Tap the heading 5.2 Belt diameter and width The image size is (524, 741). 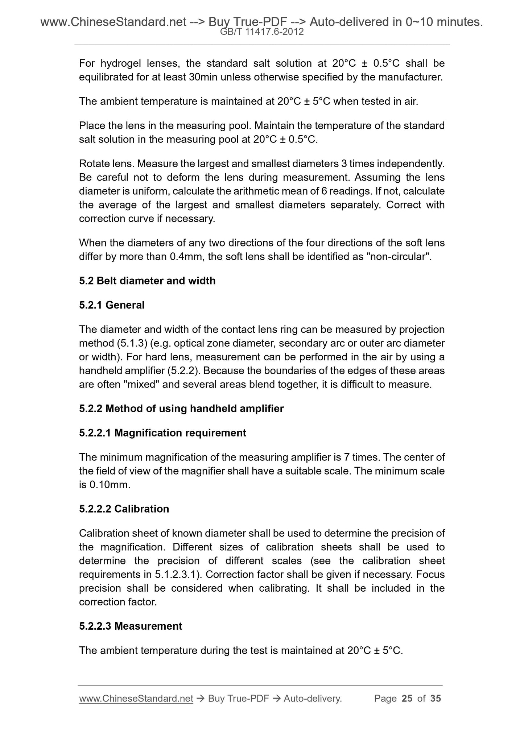147,281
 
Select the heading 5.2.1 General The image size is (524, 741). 112,305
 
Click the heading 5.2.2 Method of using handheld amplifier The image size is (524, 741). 181,409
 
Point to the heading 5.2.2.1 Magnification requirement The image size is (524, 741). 162,433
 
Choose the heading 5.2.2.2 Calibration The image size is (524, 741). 124,509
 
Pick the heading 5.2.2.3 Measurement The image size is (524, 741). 131,626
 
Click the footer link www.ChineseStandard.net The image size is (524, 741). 136,699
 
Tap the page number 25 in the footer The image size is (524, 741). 407,699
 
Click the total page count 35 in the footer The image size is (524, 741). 436,699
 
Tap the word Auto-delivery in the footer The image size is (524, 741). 313,699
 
